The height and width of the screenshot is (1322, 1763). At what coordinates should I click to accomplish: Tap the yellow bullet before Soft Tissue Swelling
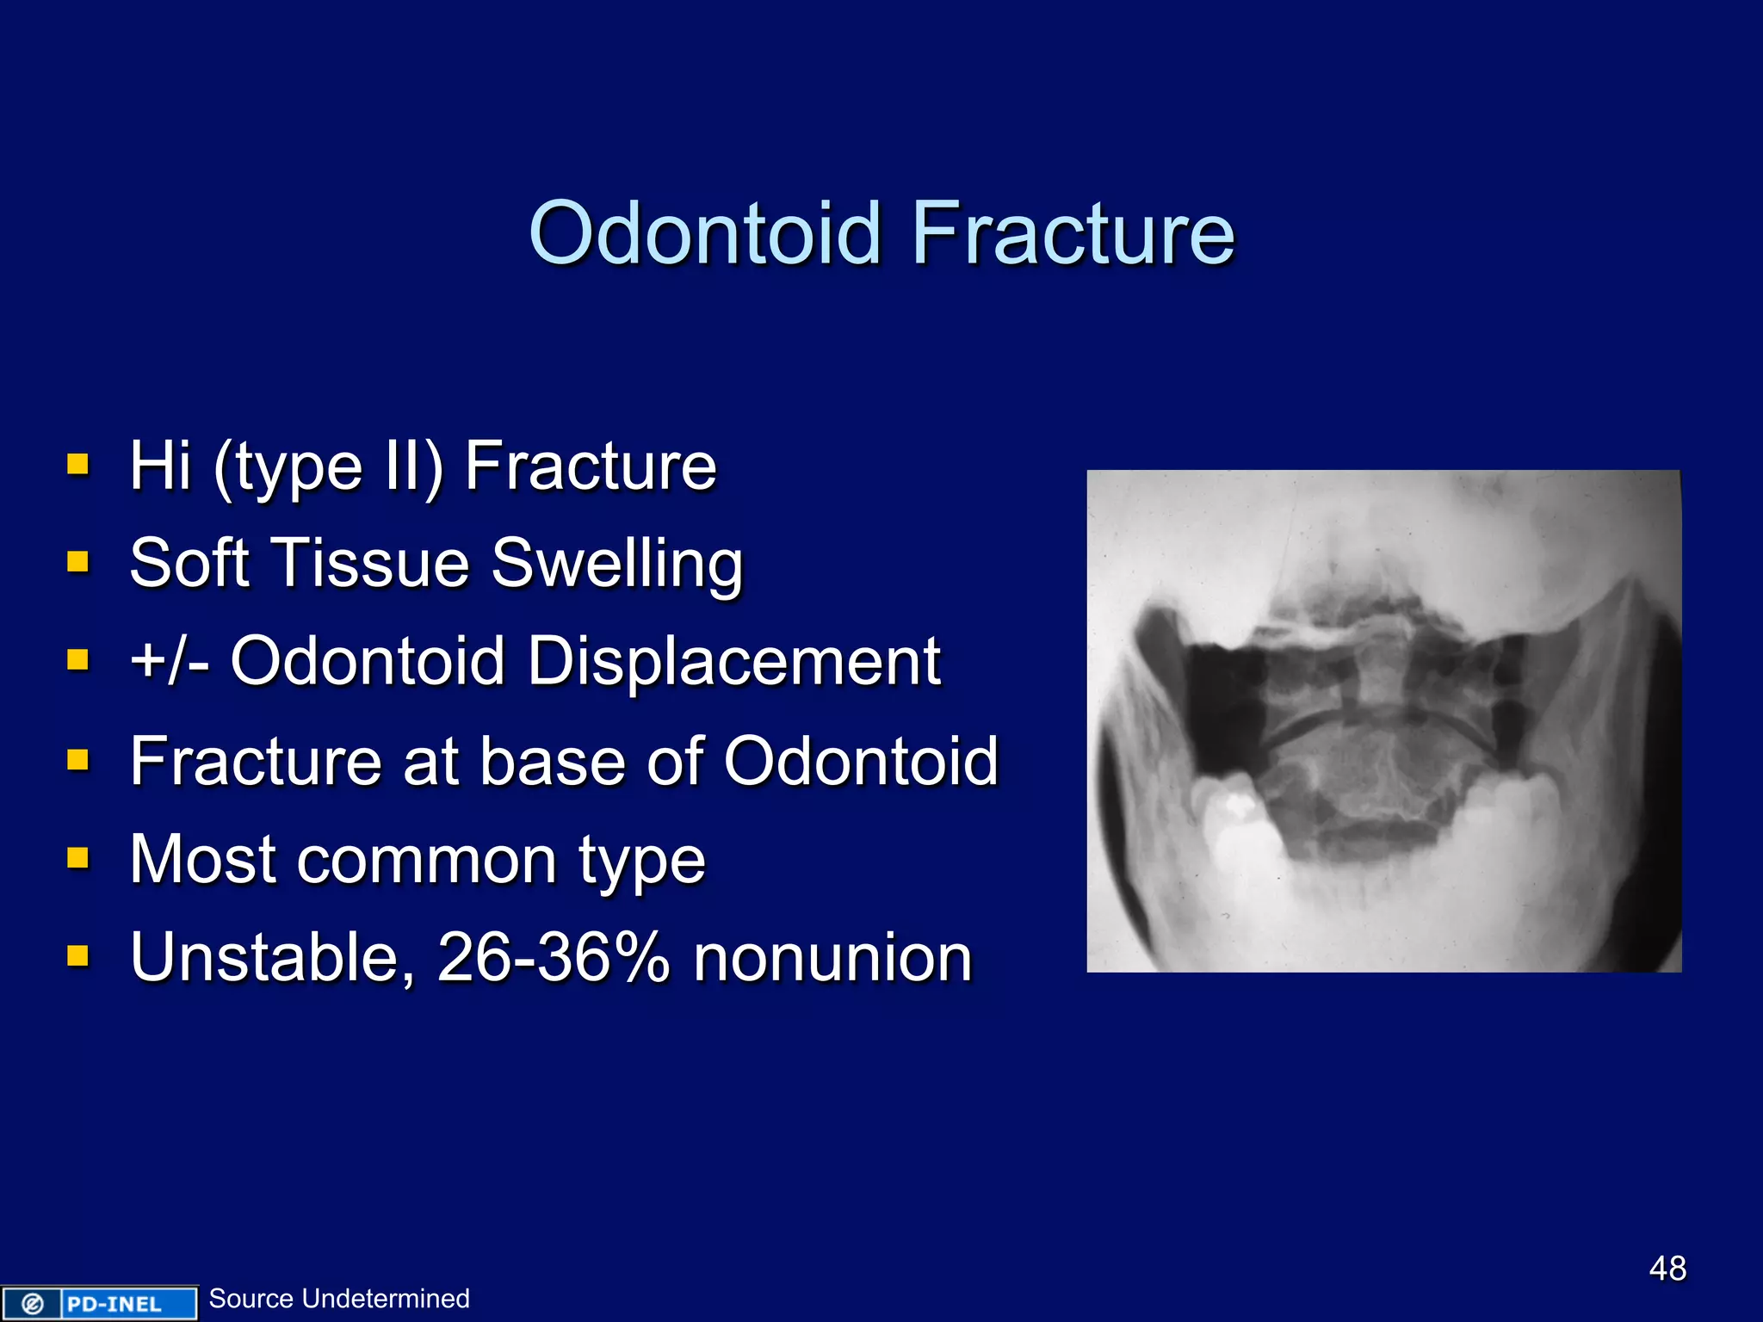coord(78,562)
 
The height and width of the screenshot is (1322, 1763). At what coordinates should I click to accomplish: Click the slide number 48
coord(1667,1268)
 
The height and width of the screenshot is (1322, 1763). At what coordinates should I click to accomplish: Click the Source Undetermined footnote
coord(339,1298)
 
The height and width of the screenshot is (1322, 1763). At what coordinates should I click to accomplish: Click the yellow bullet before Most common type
coord(78,858)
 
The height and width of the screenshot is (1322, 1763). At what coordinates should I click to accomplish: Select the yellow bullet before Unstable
coord(78,956)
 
